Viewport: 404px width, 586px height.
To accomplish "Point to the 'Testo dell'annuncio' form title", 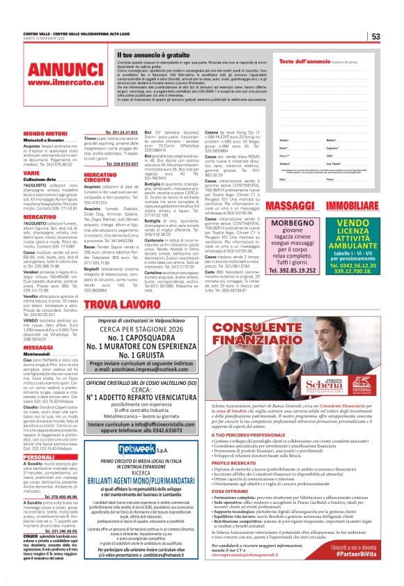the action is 302,61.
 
